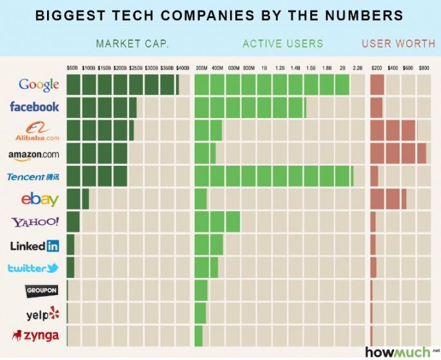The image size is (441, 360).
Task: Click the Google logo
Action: (39, 85)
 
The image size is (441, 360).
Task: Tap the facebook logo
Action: (34, 106)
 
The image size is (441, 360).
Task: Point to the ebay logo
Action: (39, 199)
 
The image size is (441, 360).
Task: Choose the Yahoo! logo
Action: (35, 223)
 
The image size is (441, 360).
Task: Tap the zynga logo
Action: (36, 335)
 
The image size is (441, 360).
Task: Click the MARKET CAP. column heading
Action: (132, 44)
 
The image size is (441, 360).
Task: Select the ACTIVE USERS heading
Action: (283, 44)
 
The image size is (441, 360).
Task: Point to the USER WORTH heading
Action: (398, 44)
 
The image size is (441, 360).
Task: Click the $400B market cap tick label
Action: (182, 67)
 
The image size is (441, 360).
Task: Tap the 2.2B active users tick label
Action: (358, 67)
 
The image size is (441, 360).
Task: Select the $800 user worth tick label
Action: (424, 67)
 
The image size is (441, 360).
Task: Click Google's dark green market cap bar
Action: (122, 85)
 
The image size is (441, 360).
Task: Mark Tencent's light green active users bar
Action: (273, 176)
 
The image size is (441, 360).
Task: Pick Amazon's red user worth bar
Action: (398, 154)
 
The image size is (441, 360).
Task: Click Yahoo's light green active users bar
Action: (217, 223)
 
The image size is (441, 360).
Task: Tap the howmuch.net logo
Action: (398, 352)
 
